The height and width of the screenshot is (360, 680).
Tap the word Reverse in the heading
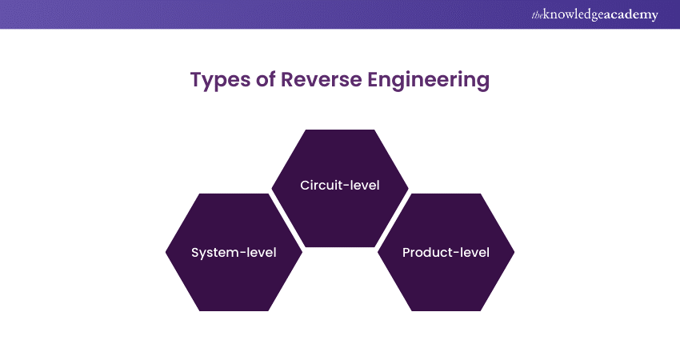coord(317,80)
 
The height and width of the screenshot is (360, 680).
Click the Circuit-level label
coord(340,186)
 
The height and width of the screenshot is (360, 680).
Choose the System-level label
coord(234,253)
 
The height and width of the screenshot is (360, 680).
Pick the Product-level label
coord(446,253)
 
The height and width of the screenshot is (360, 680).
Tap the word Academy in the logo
coord(631,15)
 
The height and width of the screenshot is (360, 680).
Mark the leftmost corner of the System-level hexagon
coord(166,252)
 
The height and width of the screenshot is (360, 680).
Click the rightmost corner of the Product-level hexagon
coord(514,252)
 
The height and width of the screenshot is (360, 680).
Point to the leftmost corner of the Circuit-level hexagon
coord(272,188)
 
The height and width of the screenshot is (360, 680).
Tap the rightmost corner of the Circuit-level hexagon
coord(408,188)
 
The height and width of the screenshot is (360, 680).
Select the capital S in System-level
coord(195,253)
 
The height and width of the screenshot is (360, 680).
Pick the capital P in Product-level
coord(406,253)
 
